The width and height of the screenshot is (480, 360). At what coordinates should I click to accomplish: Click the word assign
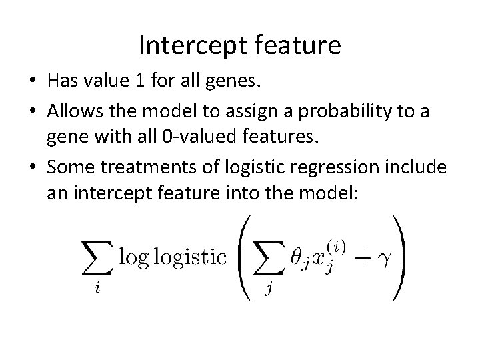[255, 111]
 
